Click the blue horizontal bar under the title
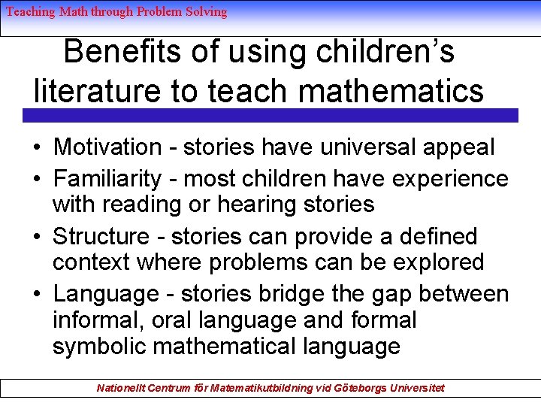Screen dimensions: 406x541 click(x=270, y=115)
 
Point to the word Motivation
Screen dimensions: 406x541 click(x=107, y=147)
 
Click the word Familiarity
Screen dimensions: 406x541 click(x=107, y=179)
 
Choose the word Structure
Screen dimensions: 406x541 click(x=101, y=236)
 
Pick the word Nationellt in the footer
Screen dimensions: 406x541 click(x=124, y=388)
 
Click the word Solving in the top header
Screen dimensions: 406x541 click(x=206, y=11)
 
